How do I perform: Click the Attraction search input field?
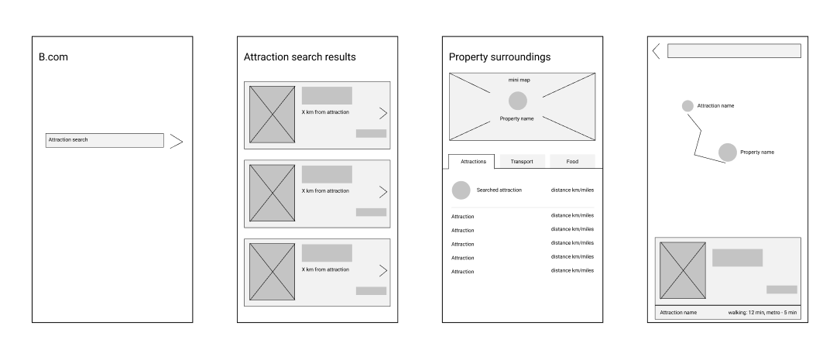(105, 140)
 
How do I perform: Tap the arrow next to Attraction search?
(177, 141)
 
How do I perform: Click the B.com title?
(53, 57)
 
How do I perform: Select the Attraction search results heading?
(300, 57)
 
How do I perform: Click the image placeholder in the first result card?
(272, 115)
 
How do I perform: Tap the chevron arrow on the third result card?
(382, 270)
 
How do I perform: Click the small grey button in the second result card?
(371, 212)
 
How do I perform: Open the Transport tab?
(522, 161)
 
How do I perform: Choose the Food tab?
(572, 161)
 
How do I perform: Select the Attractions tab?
(472, 161)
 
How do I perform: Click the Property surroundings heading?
(500, 57)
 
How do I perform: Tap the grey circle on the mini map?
(518, 101)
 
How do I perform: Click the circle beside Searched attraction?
(461, 190)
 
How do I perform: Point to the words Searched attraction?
(499, 190)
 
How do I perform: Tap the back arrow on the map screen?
(656, 51)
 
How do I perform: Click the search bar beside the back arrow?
(733, 51)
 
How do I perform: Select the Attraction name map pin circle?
(687, 106)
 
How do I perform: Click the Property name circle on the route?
(727, 153)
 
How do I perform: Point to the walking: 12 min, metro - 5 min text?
(762, 313)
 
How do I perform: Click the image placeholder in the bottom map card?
(682, 270)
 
